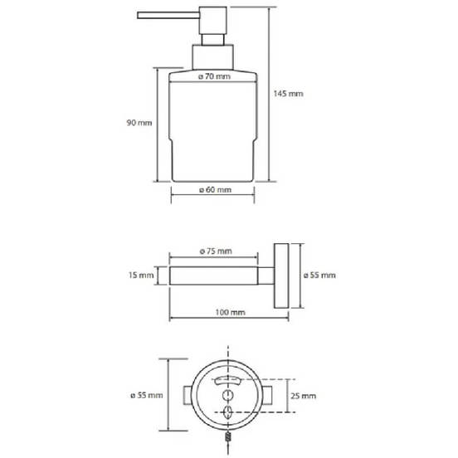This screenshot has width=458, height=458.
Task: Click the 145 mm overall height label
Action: [x=288, y=94]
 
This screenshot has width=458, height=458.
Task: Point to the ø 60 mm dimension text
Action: [x=215, y=190]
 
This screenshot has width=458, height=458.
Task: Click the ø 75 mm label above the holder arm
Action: [x=217, y=251]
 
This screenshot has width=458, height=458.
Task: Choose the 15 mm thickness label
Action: [x=142, y=275]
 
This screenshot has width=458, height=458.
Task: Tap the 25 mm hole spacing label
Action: [x=304, y=397]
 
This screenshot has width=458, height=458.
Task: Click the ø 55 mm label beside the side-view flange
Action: [x=319, y=275]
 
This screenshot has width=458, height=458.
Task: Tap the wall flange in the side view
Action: [x=281, y=275]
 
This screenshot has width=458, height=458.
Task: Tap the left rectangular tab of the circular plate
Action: [x=188, y=396]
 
